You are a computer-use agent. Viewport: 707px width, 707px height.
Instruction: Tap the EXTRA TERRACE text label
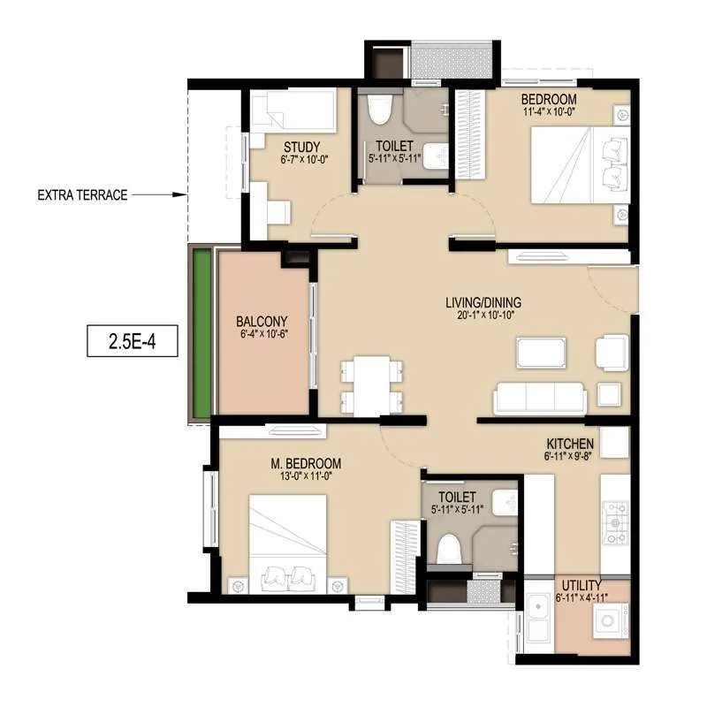(82, 195)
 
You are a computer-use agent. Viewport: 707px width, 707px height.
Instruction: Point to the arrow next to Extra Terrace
(159, 195)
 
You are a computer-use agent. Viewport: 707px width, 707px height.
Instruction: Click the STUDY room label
(301, 147)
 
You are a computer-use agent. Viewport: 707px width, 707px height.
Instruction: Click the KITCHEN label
(569, 444)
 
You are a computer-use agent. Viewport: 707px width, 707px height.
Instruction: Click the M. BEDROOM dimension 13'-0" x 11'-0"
(306, 476)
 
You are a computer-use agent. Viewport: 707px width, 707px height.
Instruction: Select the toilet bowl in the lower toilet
(448, 548)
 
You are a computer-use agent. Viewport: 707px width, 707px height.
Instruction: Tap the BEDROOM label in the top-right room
(548, 99)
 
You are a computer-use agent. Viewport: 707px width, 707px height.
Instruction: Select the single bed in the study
(293, 113)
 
